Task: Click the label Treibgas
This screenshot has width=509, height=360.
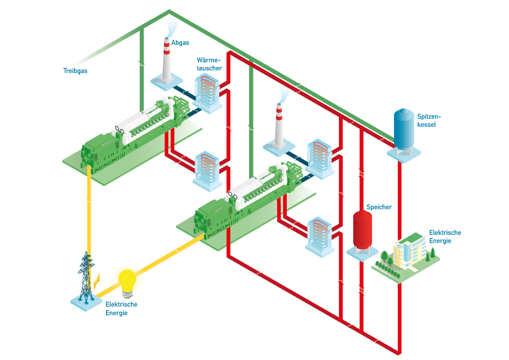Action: click(75, 71)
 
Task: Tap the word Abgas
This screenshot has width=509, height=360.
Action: click(180, 43)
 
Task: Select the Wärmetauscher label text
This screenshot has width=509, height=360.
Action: click(209, 64)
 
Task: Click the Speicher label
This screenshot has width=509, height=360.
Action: click(379, 208)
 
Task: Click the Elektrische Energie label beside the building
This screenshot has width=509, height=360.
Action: click(445, 237)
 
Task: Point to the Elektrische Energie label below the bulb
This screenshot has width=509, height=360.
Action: click(121, 308)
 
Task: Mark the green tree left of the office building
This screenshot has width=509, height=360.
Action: click(383, 257)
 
